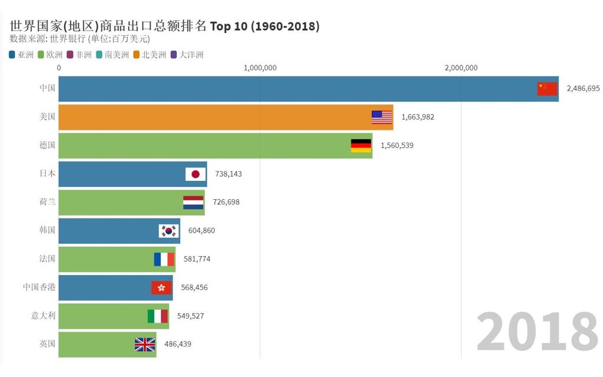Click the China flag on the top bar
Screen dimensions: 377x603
click(x=546, y=89)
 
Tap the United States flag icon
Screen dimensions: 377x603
click(x=382, y=117)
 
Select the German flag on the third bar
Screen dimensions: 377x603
click(x=361, y=145)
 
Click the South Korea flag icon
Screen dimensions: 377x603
click(x=168, y=231)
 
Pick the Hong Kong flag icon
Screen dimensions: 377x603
click(x=161, y=287)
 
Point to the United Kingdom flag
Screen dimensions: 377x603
click(x=145, y=345)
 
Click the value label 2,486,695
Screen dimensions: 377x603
click(x=583, y=89)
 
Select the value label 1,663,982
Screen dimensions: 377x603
click(x=418, y=117)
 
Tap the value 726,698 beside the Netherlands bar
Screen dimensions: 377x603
click(x=226, y=202)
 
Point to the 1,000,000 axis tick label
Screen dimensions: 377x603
click(x=260, y=68)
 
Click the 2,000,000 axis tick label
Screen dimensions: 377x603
click(x=461, y=68)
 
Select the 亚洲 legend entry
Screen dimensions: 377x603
click(x=21, y=55)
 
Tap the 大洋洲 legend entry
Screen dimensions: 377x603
click(x=187, y=55)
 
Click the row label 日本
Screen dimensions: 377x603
click(x=47, y=174)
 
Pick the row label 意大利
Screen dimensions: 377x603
click(x=43, y=316)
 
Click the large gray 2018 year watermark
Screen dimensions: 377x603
click(x=536, y=331)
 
